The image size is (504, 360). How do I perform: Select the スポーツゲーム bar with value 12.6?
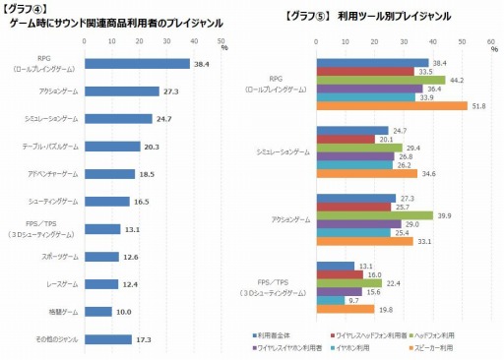click(101, 257)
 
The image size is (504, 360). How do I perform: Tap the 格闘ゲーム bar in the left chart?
click(97, 312)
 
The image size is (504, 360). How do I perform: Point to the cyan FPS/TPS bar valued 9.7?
click(331, 300)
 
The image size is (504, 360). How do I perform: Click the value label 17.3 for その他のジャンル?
click(144, 339)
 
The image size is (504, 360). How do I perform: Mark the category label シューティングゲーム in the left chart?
click(53, 202)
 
